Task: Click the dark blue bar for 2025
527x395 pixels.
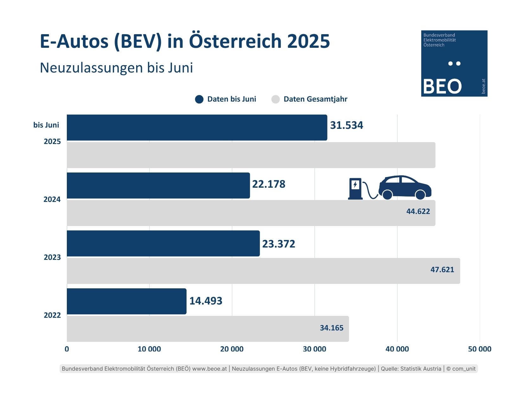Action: [x=196, y=128]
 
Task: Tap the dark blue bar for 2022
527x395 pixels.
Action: [x=126, y=301]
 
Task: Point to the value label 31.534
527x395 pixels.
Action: [x=346, y=125]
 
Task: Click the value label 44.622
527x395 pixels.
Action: [x=418, y=211]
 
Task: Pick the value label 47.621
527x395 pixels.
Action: [x=442, y=270]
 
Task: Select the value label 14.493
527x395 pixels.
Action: [x=206, y=301]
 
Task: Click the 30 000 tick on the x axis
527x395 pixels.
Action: [x=314, y=349]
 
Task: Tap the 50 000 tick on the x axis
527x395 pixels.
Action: [x=479, y=349]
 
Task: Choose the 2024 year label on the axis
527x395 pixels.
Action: [x=52, y=199]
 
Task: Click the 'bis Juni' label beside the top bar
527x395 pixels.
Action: [x=46, y=125]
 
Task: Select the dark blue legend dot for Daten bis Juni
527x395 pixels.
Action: [x=199, y=99]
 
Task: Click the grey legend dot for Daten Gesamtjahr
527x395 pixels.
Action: [x=276, y=99]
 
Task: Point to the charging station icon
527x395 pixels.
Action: [x=355, y=189]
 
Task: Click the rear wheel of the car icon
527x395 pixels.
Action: [x=387, y=195]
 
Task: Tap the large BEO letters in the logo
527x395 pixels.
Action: [x=442, y=86]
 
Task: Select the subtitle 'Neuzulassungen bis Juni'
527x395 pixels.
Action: [x=116, y=68]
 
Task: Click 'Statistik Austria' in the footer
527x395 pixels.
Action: [x=421, y=369]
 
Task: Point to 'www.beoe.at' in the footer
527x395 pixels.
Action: [x=210, y=369]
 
